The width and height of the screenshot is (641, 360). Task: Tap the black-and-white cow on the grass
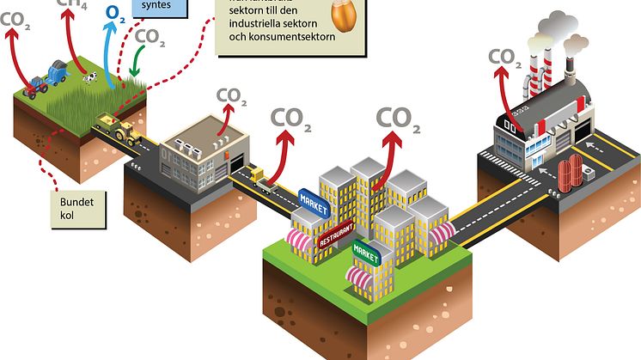(x=88, y=78)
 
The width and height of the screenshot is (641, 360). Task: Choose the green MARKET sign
(x=366, y=254)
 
